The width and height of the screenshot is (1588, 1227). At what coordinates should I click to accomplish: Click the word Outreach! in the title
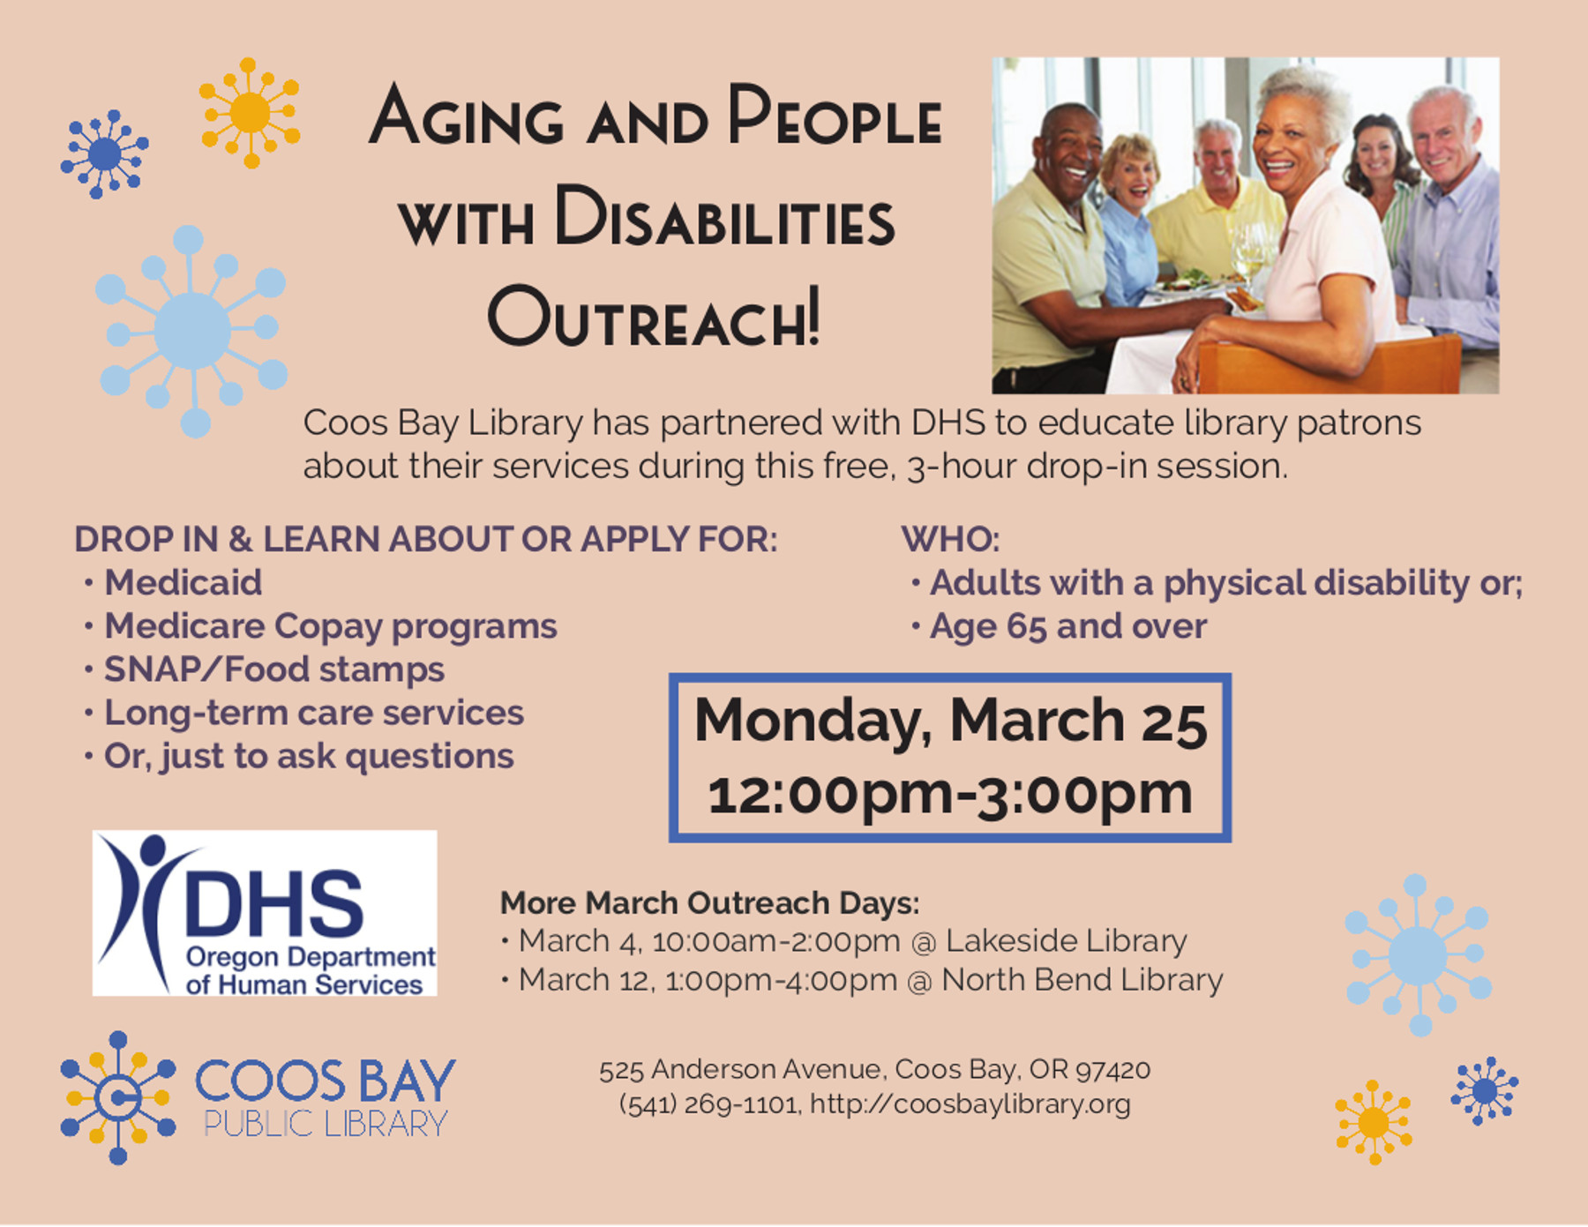[654, 317]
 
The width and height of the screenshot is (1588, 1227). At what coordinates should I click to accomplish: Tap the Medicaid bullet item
[183, 582]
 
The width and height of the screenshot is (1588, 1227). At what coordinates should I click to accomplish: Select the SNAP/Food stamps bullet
[274, 670]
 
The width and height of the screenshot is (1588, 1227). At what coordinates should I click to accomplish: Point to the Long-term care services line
[314, 713]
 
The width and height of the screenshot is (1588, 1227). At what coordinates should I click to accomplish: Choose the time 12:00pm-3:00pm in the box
[950, 793]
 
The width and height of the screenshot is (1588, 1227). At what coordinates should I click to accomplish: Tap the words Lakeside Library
[1066, 941]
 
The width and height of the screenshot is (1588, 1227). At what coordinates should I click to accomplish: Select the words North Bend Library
[1082, 980]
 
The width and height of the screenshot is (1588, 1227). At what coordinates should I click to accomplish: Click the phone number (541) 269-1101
[709, 1104]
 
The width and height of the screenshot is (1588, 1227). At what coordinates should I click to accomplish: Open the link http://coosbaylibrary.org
[970, 1104]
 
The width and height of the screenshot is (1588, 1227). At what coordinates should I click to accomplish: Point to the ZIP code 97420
[1113, 1070]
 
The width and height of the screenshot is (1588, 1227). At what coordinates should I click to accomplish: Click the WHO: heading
[950, 539]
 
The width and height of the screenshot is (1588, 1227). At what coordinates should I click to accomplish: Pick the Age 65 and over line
[1067, 626]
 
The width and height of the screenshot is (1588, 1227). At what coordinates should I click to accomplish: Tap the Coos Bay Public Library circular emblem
[117, 1097]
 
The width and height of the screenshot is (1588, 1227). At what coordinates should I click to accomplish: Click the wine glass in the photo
[1253, 251]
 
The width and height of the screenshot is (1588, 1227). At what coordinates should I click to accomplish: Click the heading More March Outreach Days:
[709, 903]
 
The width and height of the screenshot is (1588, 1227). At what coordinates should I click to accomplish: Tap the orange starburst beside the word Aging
[250, 113]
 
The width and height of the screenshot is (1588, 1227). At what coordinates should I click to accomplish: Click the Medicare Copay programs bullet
[331, 626]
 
